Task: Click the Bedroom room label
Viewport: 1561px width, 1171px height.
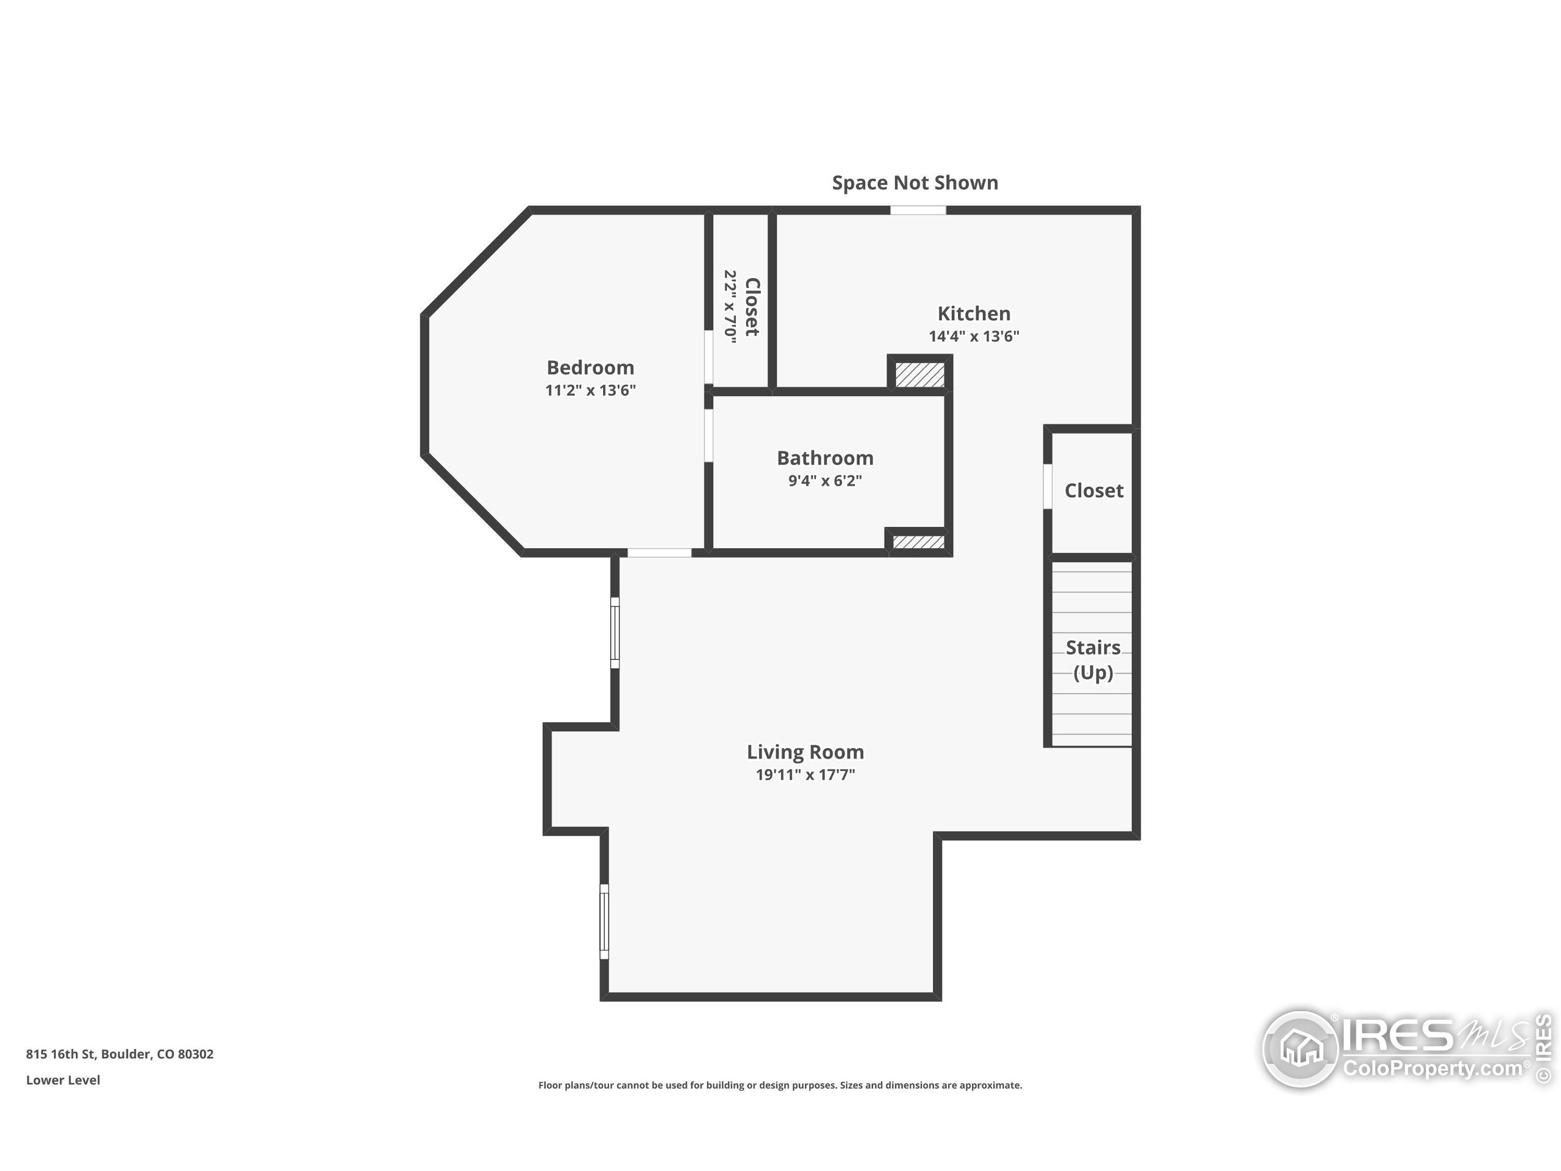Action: click(x=590, y=367)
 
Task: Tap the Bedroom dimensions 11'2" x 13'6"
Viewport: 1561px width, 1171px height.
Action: click(x=590, y=390)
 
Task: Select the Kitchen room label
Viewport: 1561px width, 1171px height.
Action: click(x=974, y=313)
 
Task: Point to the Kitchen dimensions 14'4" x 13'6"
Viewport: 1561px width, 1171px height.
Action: click(x=974, y=336)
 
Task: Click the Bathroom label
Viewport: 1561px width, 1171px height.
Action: click(x=825, y=458)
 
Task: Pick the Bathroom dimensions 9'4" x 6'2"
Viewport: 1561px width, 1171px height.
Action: click(x=825, y=481)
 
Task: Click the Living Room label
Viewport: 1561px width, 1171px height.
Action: click(x=806, y=753)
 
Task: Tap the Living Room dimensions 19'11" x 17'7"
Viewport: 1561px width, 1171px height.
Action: click(x=806, y=775)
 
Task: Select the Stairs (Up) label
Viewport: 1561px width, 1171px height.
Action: click(x=1093, y=660)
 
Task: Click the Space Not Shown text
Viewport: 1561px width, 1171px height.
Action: click(x=915, y=183)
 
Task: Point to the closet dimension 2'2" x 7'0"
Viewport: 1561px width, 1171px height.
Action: click(x=730, y=306)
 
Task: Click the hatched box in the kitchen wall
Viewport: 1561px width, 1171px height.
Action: click(x=920, y=374)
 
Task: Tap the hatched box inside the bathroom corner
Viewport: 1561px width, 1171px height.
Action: click(x=918, y=542)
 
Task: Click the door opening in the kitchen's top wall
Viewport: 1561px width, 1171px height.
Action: click(x=918, y=210)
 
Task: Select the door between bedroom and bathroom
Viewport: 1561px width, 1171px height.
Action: click(x=709, y=435)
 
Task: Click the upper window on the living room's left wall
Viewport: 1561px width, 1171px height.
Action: click(x=615, y=632)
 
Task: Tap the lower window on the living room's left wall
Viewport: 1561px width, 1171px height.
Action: click(x=604, y=921)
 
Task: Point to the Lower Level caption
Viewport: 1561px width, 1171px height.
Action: click(x=63, y=1080)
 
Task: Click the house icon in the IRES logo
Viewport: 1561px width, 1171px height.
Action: click(x=1300, y=1049)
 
